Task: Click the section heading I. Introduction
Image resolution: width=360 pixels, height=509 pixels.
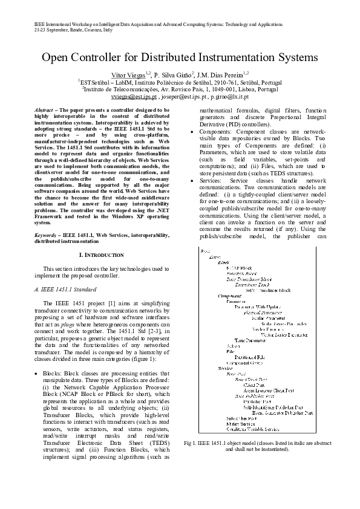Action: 102,255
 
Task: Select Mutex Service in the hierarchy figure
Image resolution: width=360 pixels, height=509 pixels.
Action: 240,424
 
